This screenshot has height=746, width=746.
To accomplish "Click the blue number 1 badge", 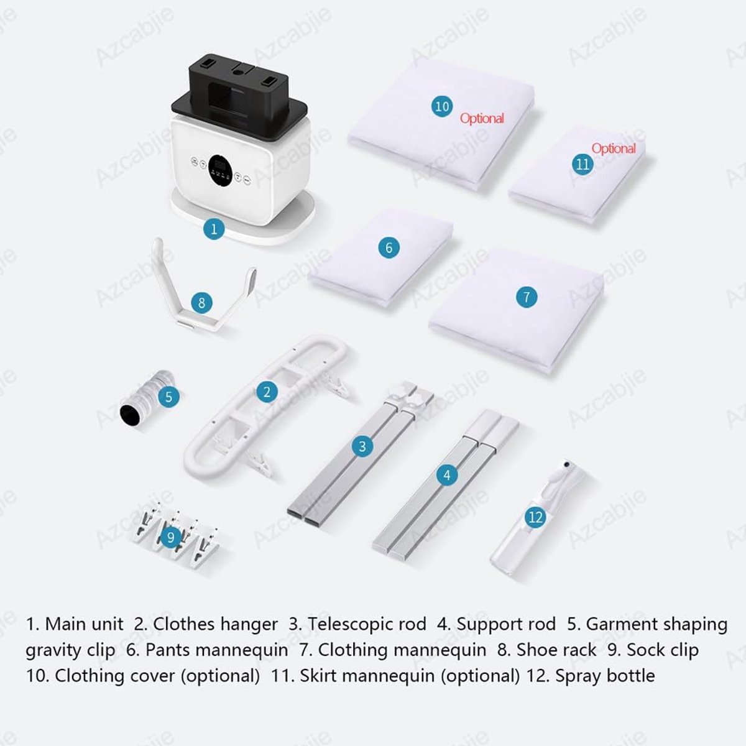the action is pos(214,229).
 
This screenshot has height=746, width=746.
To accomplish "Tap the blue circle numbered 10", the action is pos(442,106).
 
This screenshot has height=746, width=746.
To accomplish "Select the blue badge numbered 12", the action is pos(535,517).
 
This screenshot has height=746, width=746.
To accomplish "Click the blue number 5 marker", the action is pos(168,397).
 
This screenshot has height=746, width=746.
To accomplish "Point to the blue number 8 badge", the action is pos(201,302).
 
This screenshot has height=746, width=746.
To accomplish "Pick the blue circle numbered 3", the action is pos(362,446).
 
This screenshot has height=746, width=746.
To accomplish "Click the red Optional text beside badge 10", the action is pos(482,119).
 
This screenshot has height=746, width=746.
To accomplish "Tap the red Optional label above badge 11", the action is pos(614,149).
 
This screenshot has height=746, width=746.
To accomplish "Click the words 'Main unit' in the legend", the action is pos(84,624).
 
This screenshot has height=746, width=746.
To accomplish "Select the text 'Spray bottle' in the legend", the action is pos(605,676).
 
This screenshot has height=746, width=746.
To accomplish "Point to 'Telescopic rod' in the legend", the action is pos(367,624).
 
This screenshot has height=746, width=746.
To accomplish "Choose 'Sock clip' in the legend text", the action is pos(663,650).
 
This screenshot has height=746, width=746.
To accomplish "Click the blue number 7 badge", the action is pos(527,297).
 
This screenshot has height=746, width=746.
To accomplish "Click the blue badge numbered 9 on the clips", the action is pos(171,537).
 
